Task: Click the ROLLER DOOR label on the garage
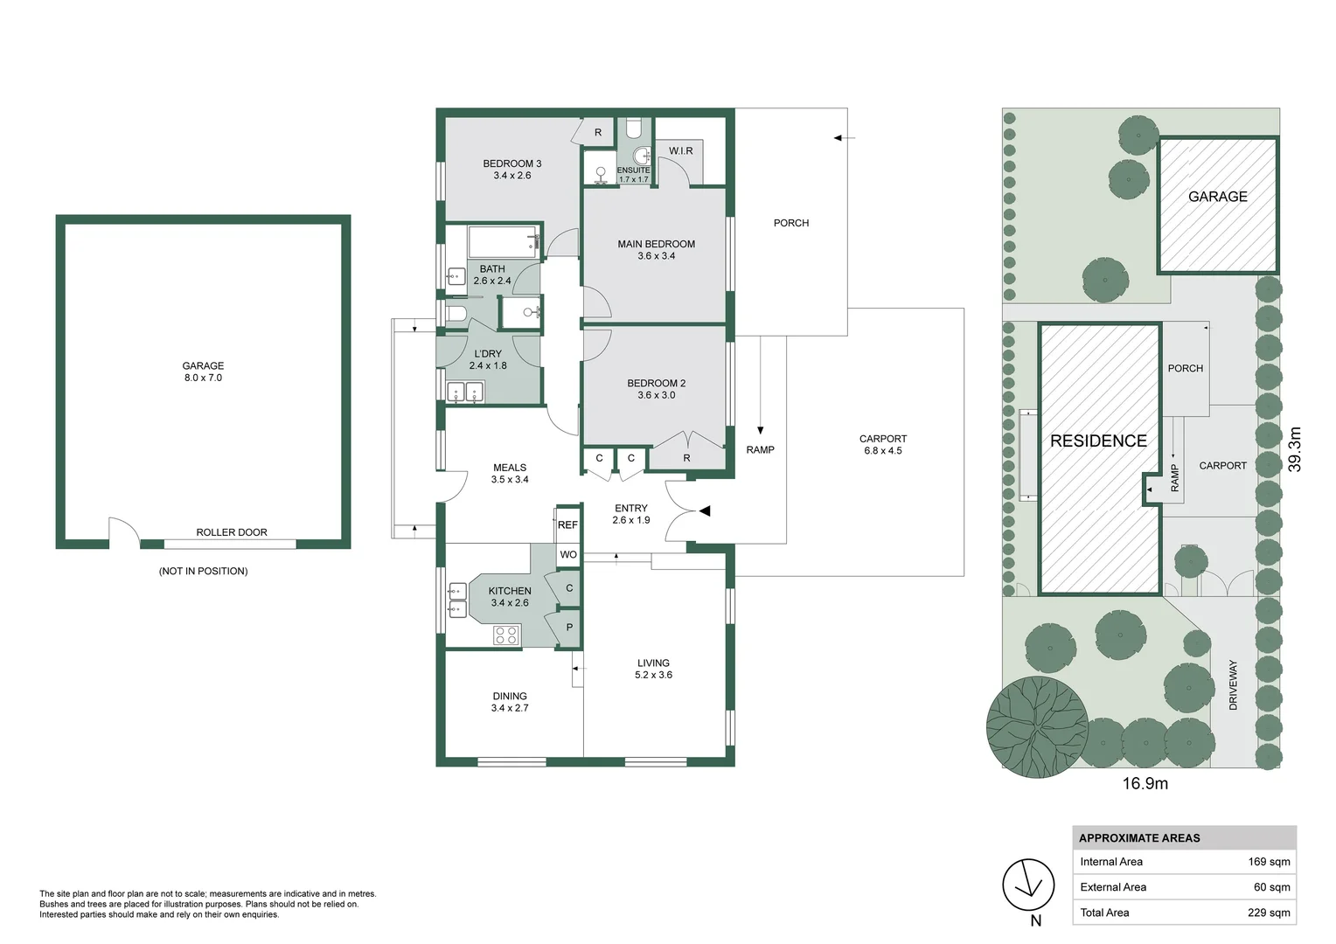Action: click(x=232, y=532)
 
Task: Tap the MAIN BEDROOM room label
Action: click(x=656, y=244)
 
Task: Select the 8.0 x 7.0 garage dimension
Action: click(x=203, y=378)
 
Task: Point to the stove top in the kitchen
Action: click(x=506, y=635)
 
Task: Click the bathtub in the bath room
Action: click(x=504, y=241)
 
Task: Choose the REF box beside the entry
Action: click(x=567, y=524)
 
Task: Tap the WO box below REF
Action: click(x=568, y=554)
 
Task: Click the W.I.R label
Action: click(x=680, y=151)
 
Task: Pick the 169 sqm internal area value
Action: click(x=1270, y=862)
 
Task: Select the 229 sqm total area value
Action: click(x=1270, y=913)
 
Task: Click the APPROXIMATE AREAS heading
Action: click(x=1139, y=838)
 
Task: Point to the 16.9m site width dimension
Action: click(x=1145, y=783)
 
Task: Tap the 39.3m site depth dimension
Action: click(x=1294, y=449)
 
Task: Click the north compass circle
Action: click(x=1028, y=885)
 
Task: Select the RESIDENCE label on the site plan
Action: click(x=1099, y=441)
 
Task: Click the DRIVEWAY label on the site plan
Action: click(x=1234, y=684)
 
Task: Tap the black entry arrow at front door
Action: click(x=705, y=511)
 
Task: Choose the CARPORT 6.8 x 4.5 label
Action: click(x=883, y=444)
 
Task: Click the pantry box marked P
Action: click(x=569, y=628)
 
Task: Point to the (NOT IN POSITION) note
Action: click(x=204, y=571)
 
